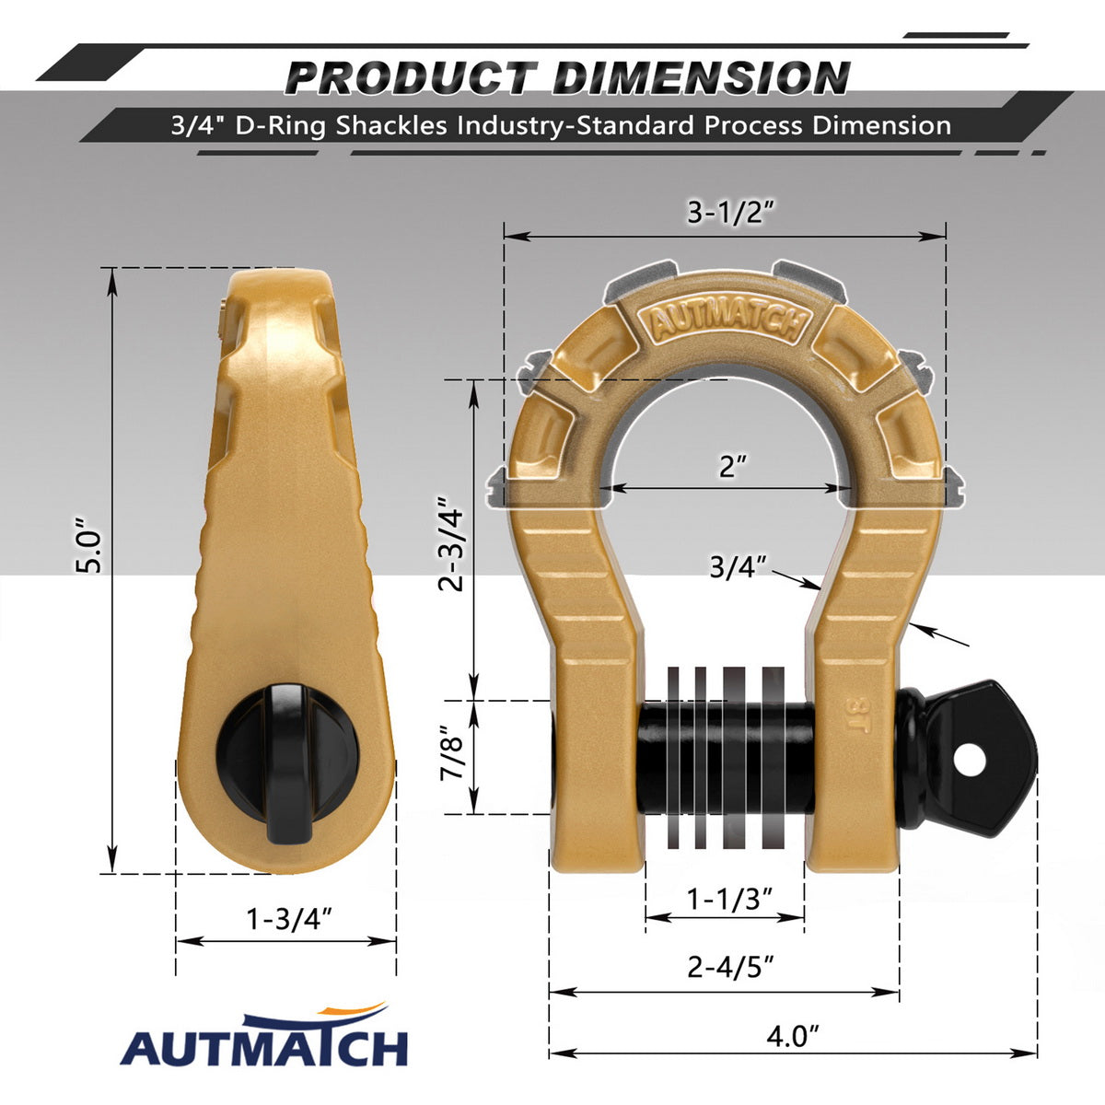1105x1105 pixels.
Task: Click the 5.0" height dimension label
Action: tap(90, 546)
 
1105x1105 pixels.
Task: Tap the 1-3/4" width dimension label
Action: tap(289, 919)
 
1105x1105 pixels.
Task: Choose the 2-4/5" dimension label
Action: tap(731, 968)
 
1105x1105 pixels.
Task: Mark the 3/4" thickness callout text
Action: tap(738, 567)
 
